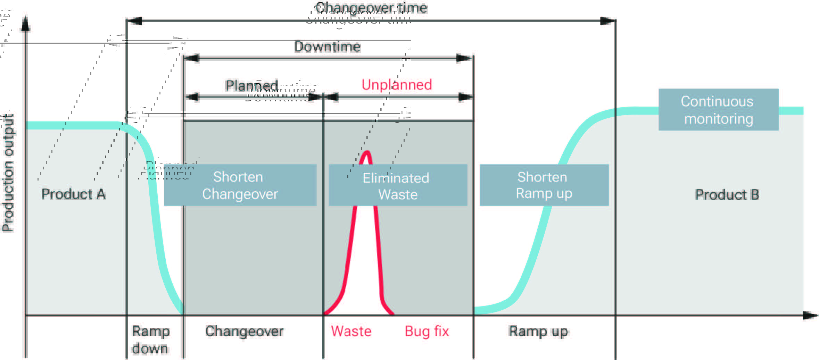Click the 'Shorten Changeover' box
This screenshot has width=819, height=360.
click(240, 185)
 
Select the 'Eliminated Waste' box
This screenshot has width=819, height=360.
click(398, 185)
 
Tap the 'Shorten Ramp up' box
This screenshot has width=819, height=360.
click(544, 185)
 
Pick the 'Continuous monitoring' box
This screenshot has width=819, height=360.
click(718, 110)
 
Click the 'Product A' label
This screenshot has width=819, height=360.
click(73, 194)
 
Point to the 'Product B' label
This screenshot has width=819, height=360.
click(727, 195)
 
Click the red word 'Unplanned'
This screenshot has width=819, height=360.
click(397, 85)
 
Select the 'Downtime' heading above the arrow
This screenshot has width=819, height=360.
click(327, 47)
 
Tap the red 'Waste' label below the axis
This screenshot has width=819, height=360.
click(351, 331)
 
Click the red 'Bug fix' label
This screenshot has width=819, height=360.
click(427, 331)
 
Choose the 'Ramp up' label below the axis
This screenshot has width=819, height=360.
click(538, 331)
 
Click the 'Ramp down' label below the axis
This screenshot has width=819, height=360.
click(150, 340)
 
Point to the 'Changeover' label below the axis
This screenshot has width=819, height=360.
click(244, 331)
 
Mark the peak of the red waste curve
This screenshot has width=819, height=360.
click(366, 152)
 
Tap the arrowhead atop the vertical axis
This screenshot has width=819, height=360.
click(25, 24)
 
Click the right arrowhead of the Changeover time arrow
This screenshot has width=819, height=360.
click(608, 21)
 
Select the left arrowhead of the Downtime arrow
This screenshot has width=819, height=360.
click(191, 58)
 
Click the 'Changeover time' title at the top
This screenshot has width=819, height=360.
click(371, 8)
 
